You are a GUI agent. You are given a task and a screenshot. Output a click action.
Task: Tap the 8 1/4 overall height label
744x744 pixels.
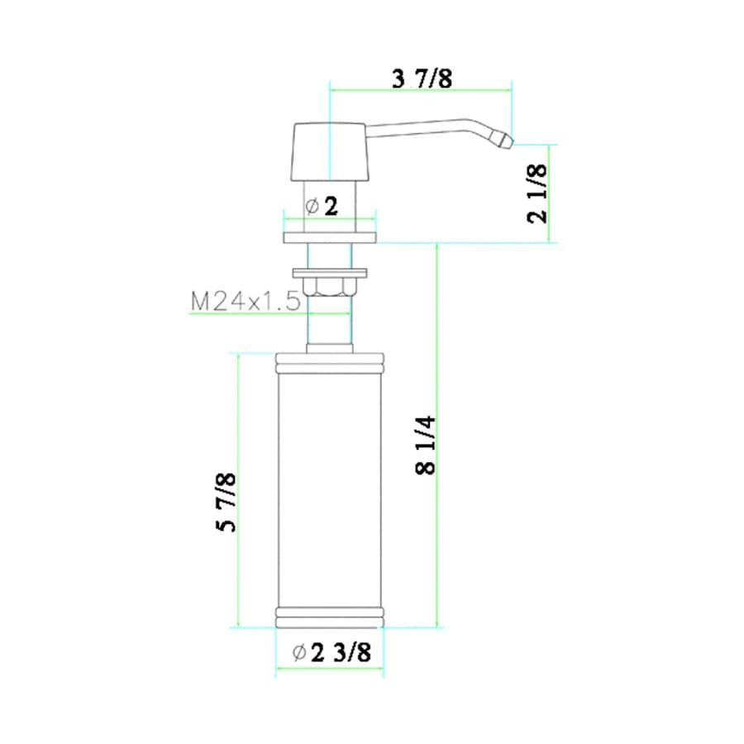click(426, 445)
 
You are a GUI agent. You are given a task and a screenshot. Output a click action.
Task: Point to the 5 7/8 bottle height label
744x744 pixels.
click(225, 502)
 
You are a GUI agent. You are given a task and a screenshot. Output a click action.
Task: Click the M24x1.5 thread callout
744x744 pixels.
click(245, 302)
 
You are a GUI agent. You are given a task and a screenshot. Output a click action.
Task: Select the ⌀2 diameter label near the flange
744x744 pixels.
click(322, 207)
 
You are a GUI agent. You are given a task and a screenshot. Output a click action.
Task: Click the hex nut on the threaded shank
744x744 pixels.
click(330, 287)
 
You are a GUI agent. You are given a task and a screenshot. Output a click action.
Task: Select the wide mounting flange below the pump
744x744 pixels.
click(330, 238)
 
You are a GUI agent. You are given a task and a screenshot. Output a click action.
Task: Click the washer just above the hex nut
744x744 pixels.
click(330, 270)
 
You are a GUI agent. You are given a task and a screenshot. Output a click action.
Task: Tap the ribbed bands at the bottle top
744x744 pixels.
click(330, 362)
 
